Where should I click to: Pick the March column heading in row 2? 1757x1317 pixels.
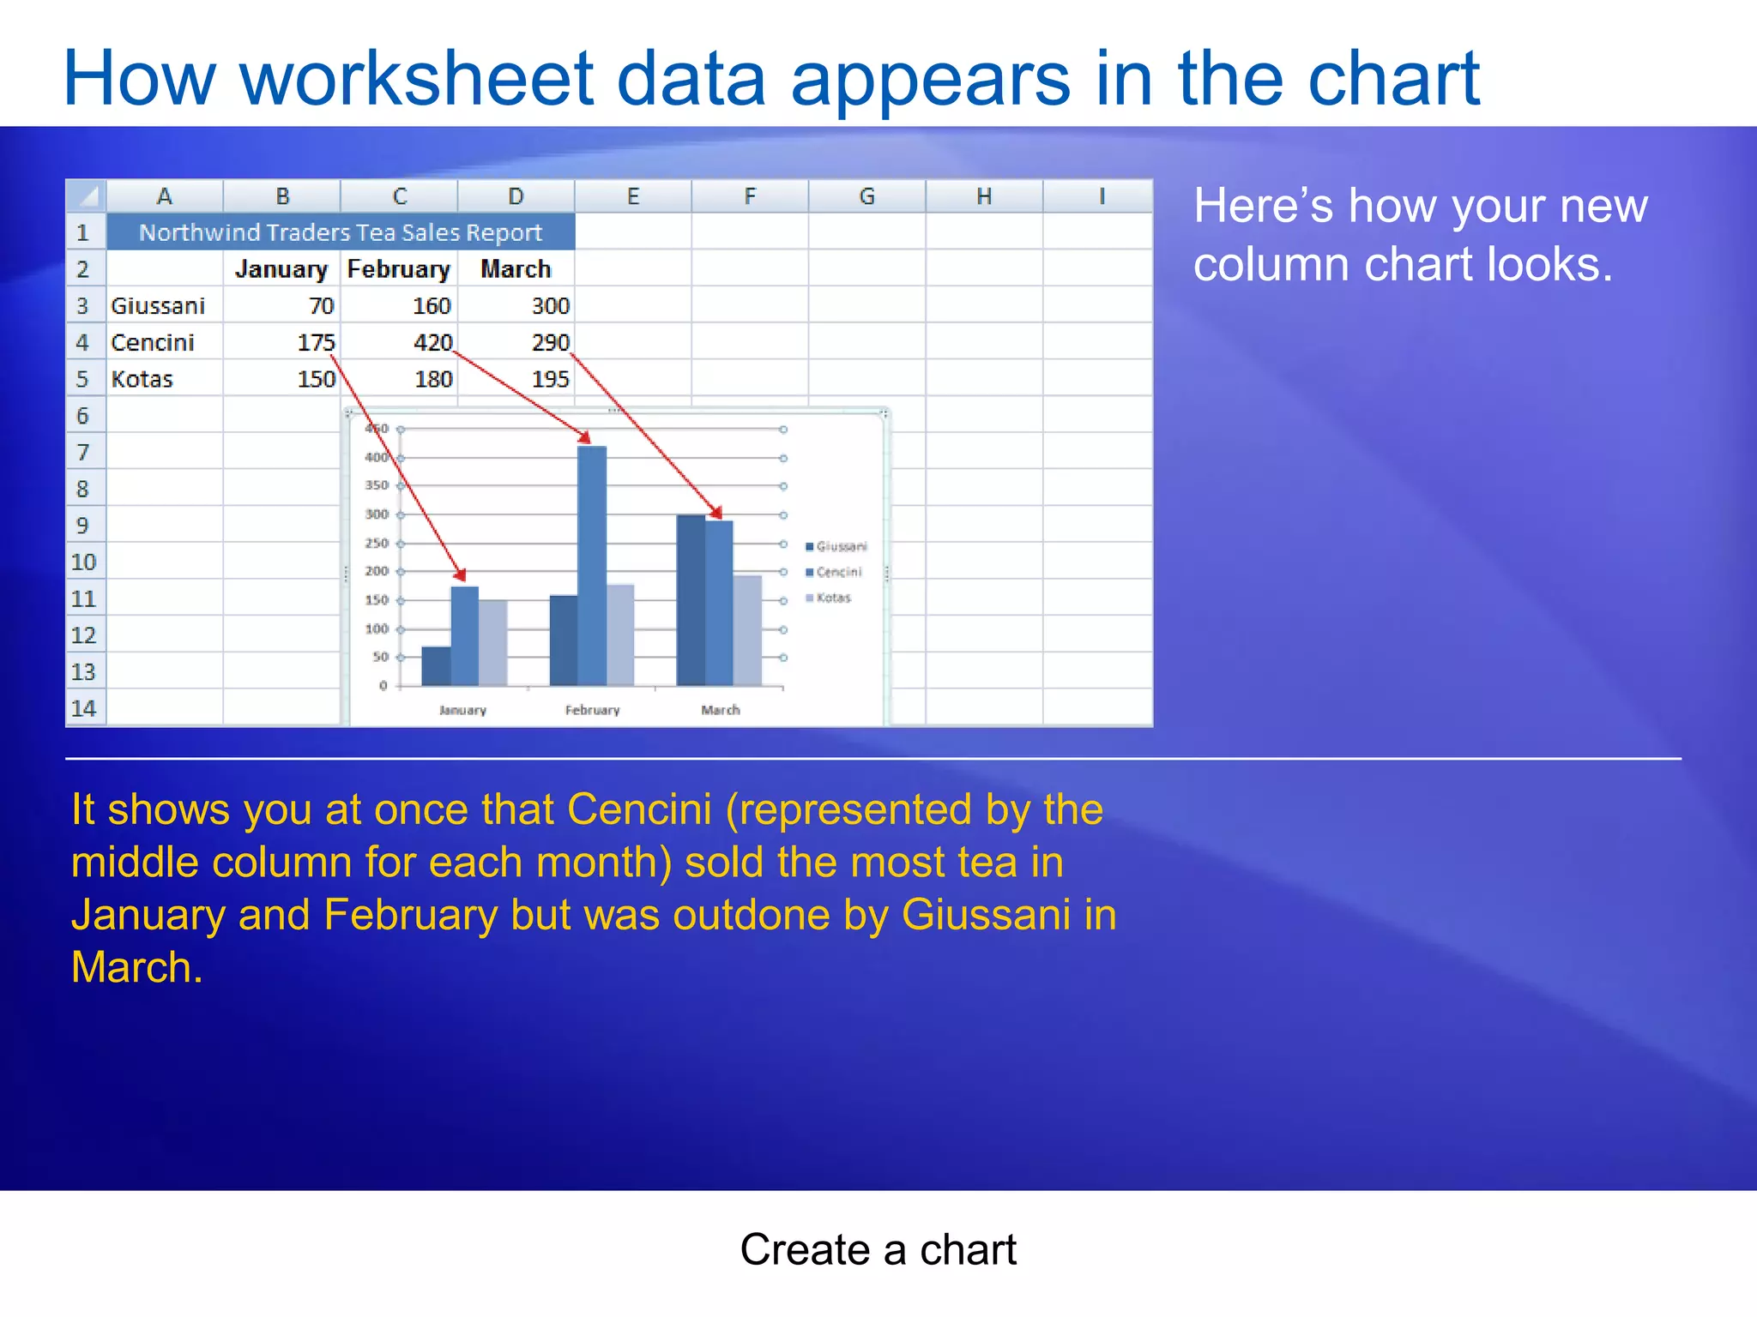click(515, 269)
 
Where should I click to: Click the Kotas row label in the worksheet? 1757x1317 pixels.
click(142, 379)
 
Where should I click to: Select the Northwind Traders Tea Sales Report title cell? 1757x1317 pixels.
click(341, 232)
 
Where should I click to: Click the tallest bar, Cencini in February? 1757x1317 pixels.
click(592, 566)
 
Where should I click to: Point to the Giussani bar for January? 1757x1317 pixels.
click(436, 666)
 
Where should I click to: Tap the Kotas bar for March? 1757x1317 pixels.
click(747, 630)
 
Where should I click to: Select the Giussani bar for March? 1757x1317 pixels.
click(691, 600)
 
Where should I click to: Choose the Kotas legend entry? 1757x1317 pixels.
click(830, 598)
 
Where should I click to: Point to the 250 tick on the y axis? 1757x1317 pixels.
click(377, 543)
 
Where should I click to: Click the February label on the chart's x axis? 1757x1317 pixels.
click(592, 710)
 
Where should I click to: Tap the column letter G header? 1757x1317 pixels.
click(866, 196)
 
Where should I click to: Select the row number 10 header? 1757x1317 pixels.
click(83, 562)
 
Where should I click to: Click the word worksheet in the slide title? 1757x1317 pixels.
click(417, 79)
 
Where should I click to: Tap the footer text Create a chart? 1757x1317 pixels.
click(878, 1249)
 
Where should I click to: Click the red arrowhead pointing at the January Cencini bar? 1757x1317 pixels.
click(461, 574)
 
